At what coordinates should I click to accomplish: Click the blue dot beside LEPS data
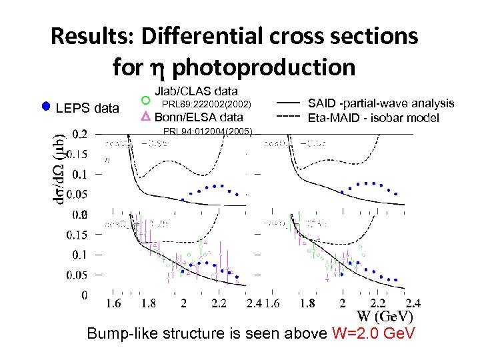46,106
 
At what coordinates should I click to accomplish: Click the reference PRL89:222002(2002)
207,104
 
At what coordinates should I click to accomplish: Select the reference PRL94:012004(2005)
207,131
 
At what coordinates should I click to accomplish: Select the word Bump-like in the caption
118,333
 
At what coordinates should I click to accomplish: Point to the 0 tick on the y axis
83,294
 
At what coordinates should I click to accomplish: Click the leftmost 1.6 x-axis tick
114,303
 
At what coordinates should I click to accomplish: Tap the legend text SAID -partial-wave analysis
381,103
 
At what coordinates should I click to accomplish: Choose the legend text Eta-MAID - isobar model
373,118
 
